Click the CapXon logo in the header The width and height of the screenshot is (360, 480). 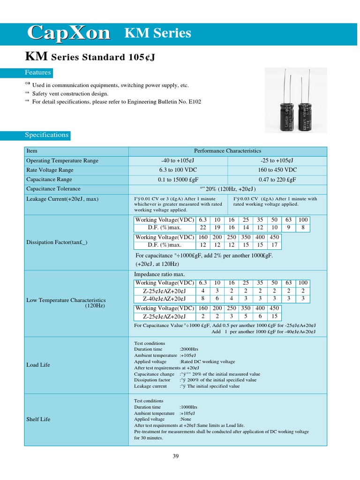click(68, 33)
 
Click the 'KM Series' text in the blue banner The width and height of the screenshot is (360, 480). click(157, 33)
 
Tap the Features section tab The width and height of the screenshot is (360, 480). click(38, 73)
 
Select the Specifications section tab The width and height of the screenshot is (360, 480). click(46, 135)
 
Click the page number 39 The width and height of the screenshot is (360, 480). click(176, 457)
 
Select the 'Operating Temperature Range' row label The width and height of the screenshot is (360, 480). click(62, 161)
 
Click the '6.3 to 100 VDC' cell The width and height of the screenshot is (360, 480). click(178, 170)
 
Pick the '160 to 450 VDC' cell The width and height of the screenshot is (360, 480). click(277, 170)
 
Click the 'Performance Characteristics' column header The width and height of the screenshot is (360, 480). click(227, 151)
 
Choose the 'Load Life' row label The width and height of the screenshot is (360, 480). click(38, 365)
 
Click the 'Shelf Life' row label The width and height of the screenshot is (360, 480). click(38, 419)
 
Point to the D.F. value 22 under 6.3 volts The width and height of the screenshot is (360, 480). click(202, 227)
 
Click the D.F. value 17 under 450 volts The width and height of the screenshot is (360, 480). click(274, 245)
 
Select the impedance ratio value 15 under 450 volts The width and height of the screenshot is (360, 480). click(274, 316)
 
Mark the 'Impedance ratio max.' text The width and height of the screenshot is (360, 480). click(159, 274)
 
